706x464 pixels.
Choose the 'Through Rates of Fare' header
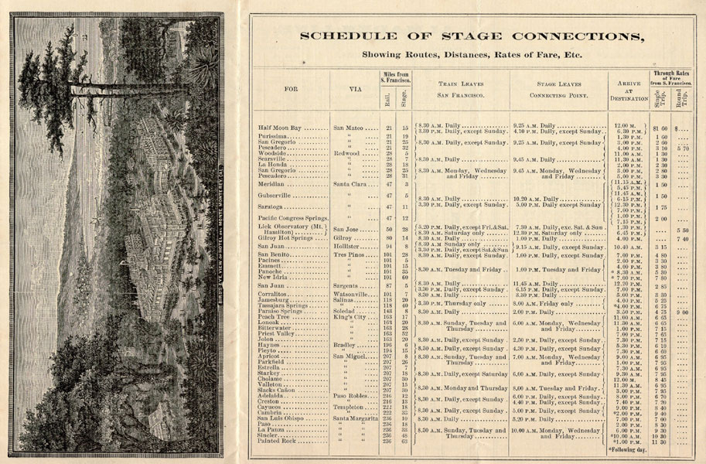(x=670, y=77)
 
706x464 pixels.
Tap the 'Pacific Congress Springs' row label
(x=293, y=218)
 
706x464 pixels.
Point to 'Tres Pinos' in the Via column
(x=352, y=254)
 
